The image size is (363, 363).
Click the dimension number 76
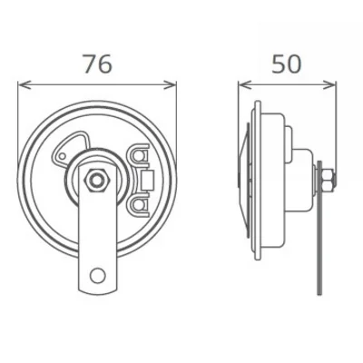tap(97, 65)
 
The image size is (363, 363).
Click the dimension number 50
tap(287, 65)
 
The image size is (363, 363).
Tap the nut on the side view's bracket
tap(324, 178)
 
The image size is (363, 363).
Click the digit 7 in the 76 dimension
tap(88, 65)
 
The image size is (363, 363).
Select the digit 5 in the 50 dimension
tap(277, 65)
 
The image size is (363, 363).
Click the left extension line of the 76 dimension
tap(19, 109)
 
